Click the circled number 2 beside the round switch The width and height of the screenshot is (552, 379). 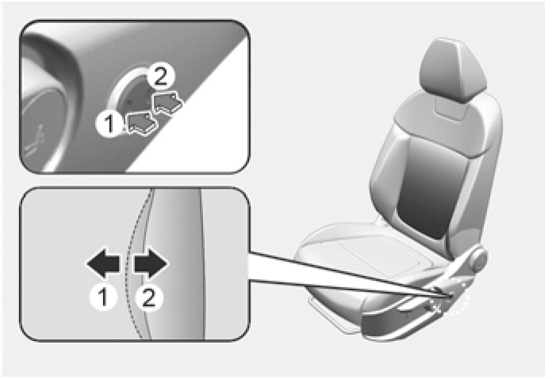point(160,77)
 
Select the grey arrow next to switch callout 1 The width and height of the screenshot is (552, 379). point(141,123)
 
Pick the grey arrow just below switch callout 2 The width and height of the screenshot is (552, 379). point(167,101)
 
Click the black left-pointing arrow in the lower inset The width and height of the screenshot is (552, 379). point(103,264)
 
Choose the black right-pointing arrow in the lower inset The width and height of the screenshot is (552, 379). point(151,264)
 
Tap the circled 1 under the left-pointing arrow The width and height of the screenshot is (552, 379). point(103,297)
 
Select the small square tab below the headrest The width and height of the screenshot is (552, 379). point(451,109)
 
